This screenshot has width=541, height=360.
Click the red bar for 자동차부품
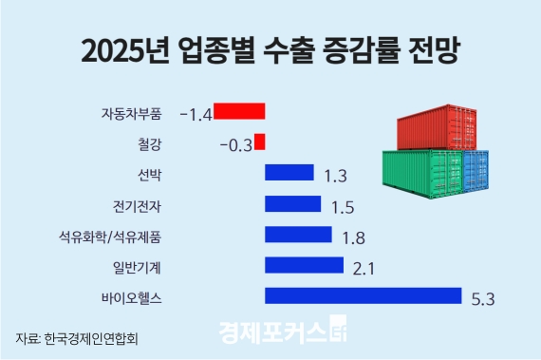[x=239, y=111]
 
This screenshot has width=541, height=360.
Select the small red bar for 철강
[x=259, y=142]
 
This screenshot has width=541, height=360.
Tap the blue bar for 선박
[x=289, y=173]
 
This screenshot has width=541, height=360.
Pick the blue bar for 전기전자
[x=293, y=203]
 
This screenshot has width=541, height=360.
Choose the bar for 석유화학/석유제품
[x=298, y=235]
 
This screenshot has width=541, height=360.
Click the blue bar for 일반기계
[x=304, y=265]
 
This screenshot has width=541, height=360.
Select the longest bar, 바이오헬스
[x=363, y=296]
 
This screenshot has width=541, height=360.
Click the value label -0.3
[x=234, y=145]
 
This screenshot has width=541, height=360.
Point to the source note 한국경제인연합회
[x=97, y=337]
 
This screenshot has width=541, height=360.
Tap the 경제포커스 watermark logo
[x=285, y=333]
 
